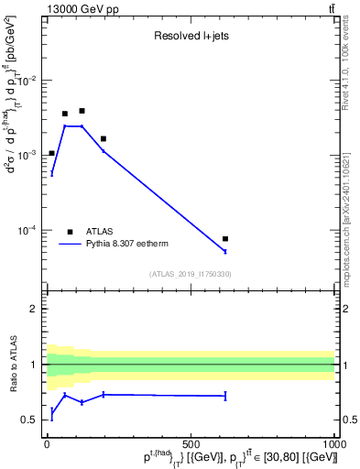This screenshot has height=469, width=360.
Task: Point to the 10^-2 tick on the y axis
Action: [27, 81]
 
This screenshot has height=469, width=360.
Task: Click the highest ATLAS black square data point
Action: [82, 111]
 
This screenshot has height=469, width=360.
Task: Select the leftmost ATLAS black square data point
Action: [51, 153]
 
